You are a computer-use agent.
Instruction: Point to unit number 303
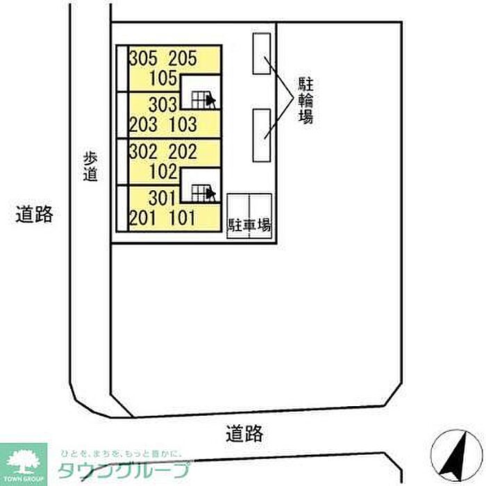pyautogui.click(x=163, y=106)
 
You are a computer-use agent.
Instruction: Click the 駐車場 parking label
pyautogui.click(x=249, y=225)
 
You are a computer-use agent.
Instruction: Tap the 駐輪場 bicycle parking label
pyautogui.click(x=305, y=100)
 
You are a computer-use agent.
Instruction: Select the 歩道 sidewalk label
pyautogui.click(x=89, y=167)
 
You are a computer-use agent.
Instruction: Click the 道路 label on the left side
pyautogui.click(x=35, y=215)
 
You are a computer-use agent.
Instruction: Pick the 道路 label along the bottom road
pyautogui.click(x=244, y=435)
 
